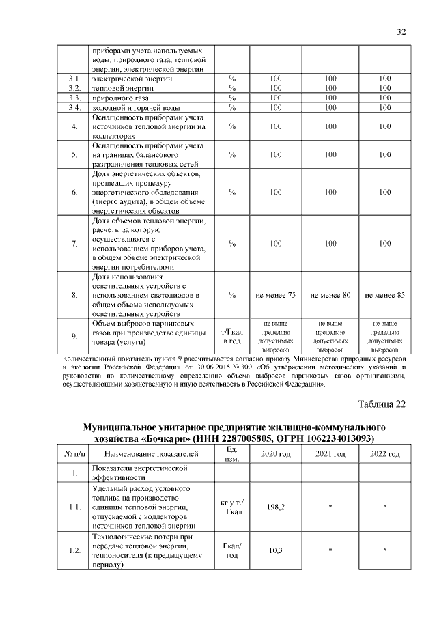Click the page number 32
coord(401,31)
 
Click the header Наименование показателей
coord(152,454)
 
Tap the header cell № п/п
coord(74,454)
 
